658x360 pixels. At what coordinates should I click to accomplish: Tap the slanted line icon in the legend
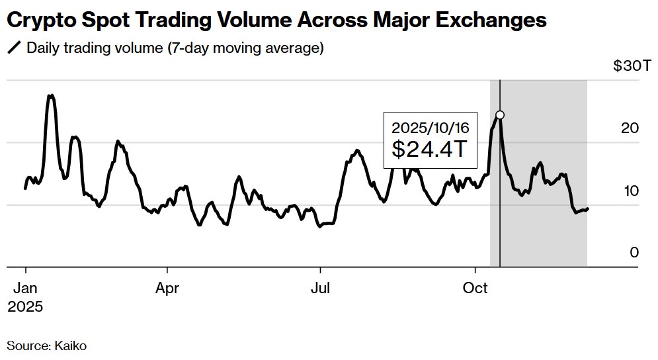pyautogui.click(x=13, y=48)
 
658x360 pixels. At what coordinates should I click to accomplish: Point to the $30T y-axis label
pyautogui.click(x=626, y=66)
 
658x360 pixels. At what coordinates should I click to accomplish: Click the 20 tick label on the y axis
pyautogui.click(x=631, y=128)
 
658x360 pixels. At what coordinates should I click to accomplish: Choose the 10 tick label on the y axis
pyautogui.click(x=631, y=191)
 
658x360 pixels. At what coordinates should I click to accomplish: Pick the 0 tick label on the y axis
pyautogui.click(x=634, y=253)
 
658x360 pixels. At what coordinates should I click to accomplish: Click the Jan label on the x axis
pyautogui.click(x=25, y=289)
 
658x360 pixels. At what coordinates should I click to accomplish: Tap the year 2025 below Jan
pyautogui.click(x=25, y=307)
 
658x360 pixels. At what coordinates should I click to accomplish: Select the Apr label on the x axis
pyautogui.click(x=167, y=289)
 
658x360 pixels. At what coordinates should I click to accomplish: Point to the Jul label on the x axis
pyautogui.click(x=320, y=289)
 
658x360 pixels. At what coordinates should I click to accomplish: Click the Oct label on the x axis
pyautogui.click(x=475, y=289)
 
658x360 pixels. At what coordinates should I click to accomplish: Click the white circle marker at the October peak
pyautogui.click(x=500, y=115)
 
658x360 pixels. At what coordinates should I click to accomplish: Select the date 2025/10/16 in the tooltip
pyautogui.click(x=430, y=127)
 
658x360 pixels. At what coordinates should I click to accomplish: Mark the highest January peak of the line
pyautogui.click(x=50, y=95)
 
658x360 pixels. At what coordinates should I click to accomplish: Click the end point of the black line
pyautogui.click(x=588, y=209)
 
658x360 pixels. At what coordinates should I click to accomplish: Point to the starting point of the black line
pyautogui.click(x=25, y=189)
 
